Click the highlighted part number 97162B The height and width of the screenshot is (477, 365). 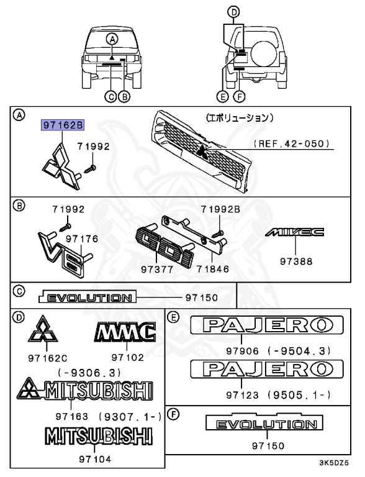(x=62, y=125)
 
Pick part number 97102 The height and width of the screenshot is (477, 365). (x=127, y=357)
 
